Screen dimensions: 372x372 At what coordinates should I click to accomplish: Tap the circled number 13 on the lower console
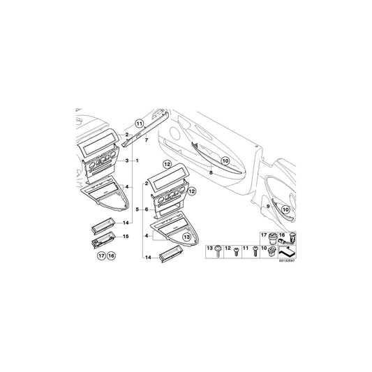[186, 238]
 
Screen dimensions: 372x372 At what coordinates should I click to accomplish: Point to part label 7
[147, 140]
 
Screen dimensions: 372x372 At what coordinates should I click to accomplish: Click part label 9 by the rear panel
[267, 207]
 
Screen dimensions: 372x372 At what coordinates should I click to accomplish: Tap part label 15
[126, 237]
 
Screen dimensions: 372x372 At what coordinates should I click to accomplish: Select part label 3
[126, 161]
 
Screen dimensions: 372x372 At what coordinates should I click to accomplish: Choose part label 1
[137, 161]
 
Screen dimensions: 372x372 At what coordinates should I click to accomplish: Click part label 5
[137, 209]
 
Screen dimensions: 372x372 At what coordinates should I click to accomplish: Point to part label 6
[146, 209]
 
